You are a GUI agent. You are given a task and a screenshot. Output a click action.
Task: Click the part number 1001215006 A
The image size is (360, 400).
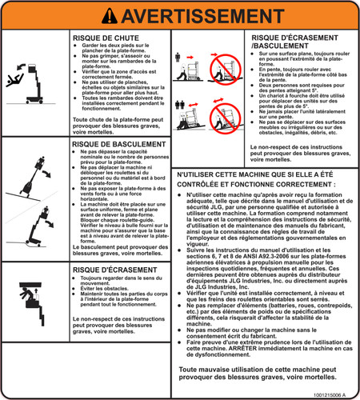pos(333,394)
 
